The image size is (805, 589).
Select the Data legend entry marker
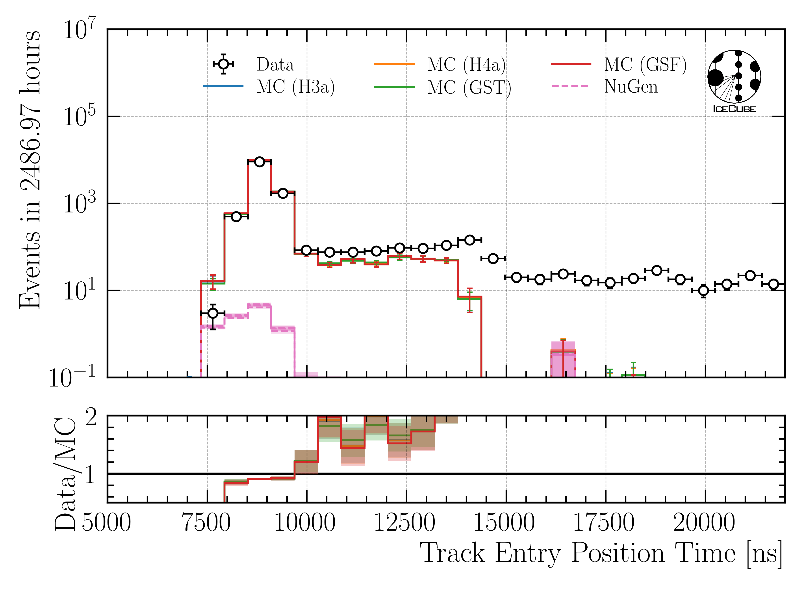[x=223, y=64]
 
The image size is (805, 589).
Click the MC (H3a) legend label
[x=296, y=87]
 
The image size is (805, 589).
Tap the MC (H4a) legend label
[x=466, y=65]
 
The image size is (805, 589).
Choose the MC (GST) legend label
[x=469, y=87]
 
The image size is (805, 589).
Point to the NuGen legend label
[x=631, y=87]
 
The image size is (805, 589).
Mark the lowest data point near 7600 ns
[x=213, y=313]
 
